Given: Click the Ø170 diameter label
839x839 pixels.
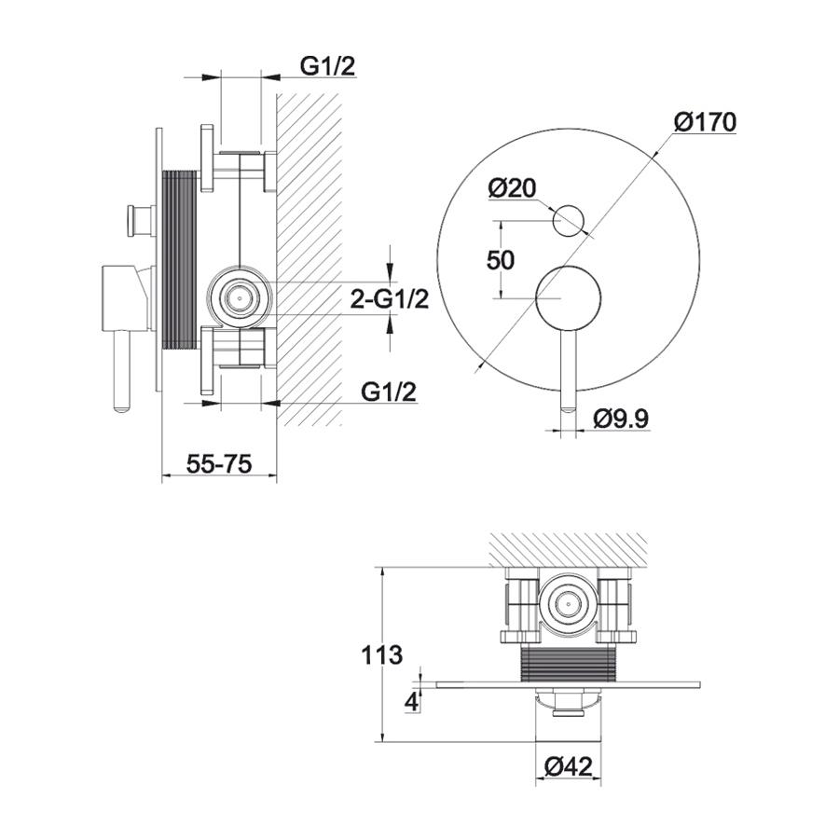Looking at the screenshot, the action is click(x=705, y=122).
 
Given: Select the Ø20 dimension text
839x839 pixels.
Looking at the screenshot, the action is click(x=512, y=188).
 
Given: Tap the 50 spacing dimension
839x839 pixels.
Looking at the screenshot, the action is click(x=501, y=260).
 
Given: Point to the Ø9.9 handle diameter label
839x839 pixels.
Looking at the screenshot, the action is click(x=621, y=419).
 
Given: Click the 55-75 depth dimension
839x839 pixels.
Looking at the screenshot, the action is click(x=219, y=463).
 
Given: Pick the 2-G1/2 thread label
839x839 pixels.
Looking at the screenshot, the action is click(x=390, y=299).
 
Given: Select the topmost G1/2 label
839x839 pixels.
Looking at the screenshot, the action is click(x=327, y=66).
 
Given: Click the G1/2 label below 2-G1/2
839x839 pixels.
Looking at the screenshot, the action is click(x=389, y=392).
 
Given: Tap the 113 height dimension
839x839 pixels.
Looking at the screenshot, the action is click(x=382, y=655).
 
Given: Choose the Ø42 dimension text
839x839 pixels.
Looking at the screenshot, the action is click(x=569, y=768).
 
